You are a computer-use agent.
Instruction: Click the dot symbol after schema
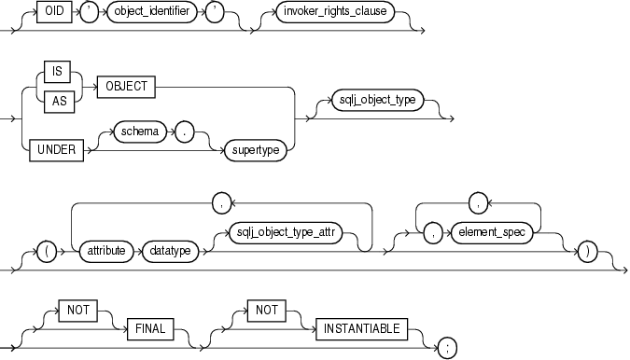point(186,132)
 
